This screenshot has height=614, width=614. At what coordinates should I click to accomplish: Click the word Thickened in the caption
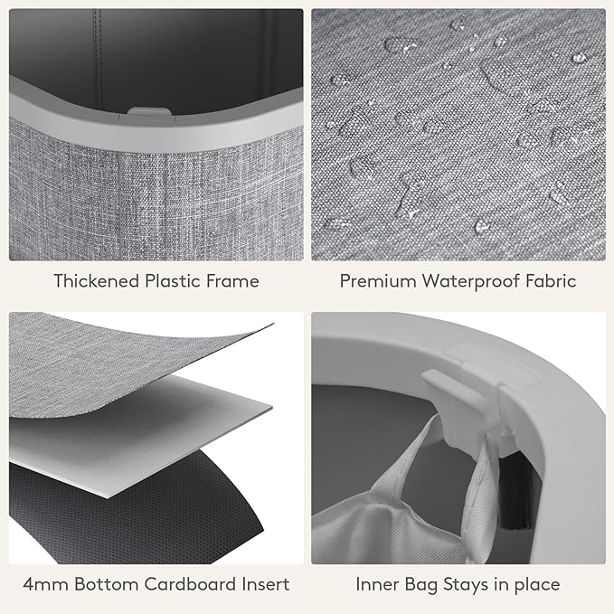coord(97,280)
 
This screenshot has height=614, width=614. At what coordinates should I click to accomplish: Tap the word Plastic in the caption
coord(173,280)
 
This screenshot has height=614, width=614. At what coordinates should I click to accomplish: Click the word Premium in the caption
coord(378,280)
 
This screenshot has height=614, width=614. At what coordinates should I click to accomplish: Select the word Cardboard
coord(190,584)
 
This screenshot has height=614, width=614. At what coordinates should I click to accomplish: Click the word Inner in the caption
coord(377,584)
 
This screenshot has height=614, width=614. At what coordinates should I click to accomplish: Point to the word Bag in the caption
coord(421,585)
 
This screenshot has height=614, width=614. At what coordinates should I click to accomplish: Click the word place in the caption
coord(537,585)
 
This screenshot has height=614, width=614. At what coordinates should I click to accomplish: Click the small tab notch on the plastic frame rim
coord(149,111)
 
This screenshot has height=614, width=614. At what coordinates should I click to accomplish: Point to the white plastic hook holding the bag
coord(462,403)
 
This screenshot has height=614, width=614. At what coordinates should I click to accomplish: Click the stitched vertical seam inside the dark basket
coord(98,59)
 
